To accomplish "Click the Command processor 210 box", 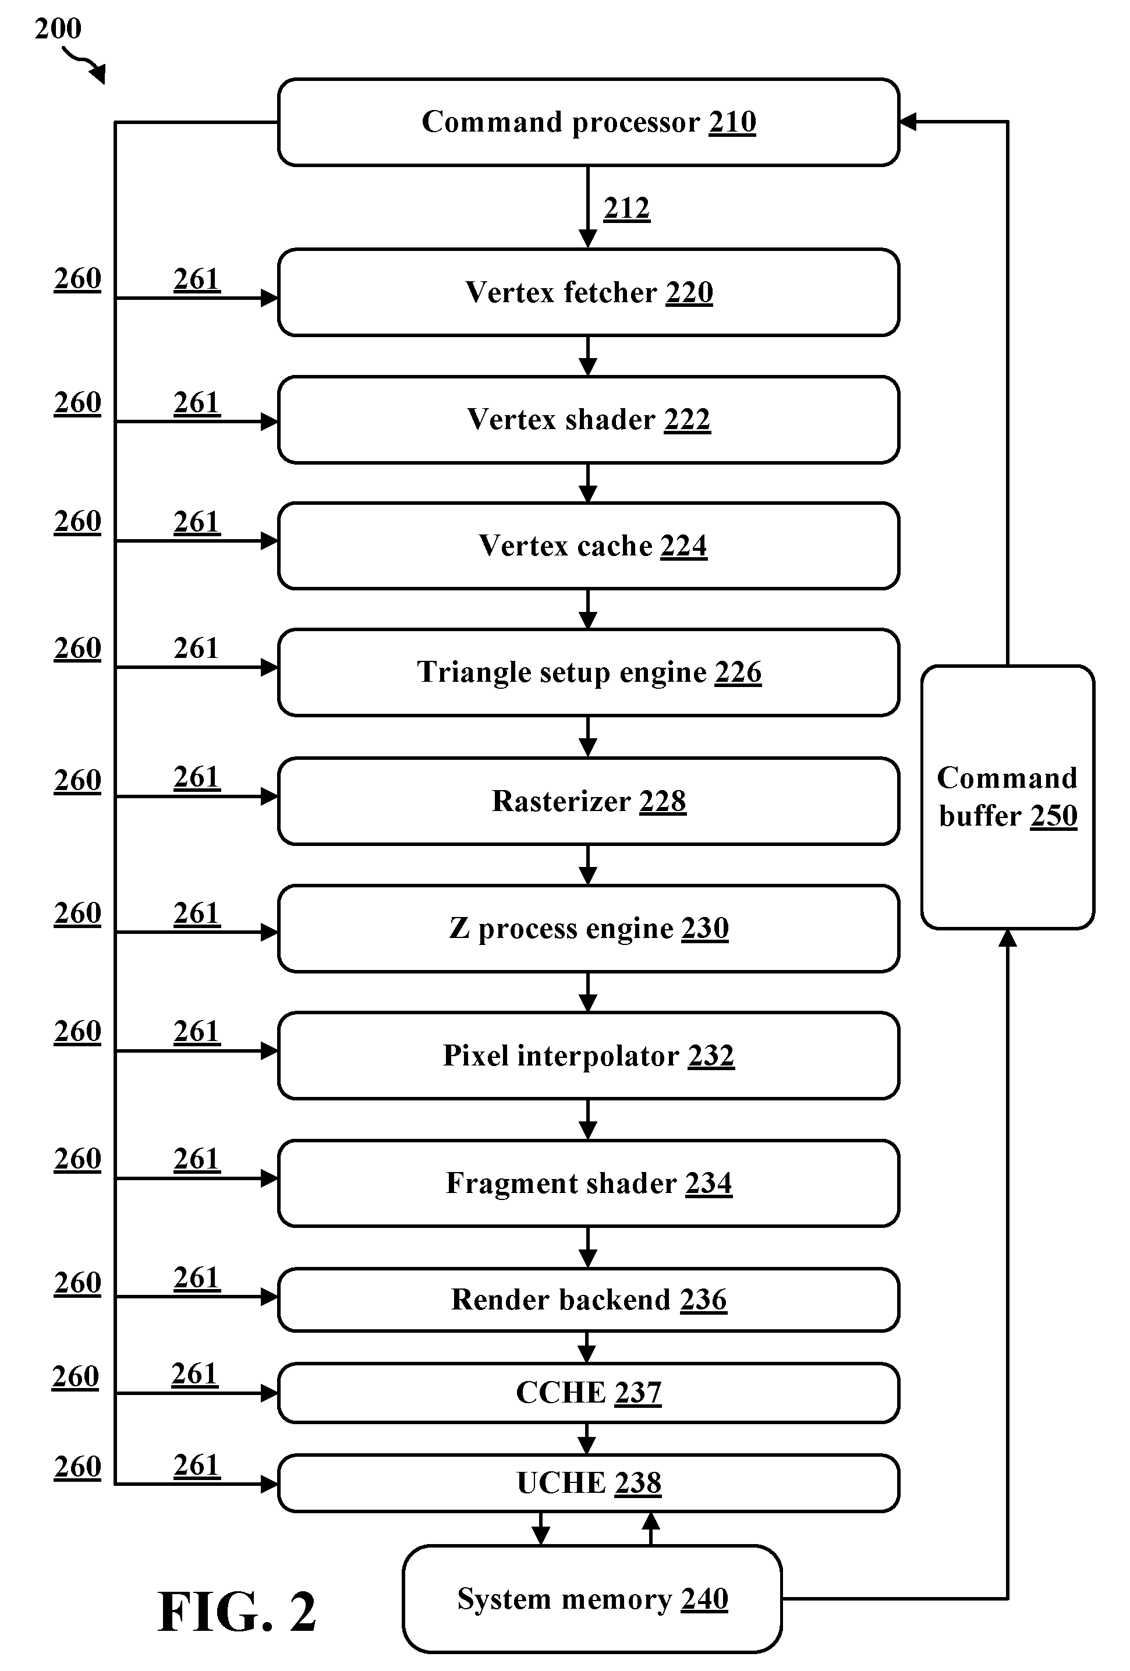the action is click(588, 122).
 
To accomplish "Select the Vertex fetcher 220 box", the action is click(588, 292).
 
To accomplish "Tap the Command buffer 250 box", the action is click(1007, 796).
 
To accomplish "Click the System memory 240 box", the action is click(591, 1598).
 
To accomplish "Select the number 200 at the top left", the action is click(58, 29).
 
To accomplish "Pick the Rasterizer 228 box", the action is click(588, 800).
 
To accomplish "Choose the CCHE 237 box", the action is click(588, 1393).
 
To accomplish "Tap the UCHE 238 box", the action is click(588, 1482).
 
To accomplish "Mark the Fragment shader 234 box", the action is click(588, 1183).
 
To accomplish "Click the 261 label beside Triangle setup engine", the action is click(196, 648).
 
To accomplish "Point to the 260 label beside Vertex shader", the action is click(77, 403).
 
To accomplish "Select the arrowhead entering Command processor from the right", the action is click(908, 122).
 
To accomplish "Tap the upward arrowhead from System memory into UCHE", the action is click(650, 1521).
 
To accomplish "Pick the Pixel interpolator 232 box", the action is click(588, 1056).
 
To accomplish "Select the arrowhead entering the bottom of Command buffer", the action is click(1008, 939).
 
